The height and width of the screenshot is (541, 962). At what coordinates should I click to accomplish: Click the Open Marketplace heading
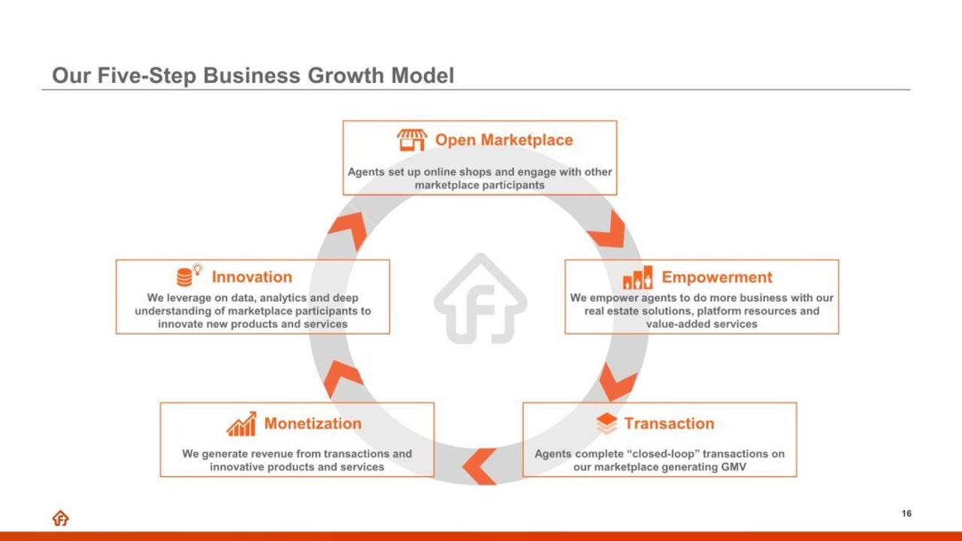point(504,140)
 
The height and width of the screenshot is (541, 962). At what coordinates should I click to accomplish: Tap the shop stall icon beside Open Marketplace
point(412,140)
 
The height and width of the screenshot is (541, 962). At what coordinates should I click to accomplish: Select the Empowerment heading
point(717,278)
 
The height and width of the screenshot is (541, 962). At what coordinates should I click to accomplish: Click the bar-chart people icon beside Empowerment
point(638,278)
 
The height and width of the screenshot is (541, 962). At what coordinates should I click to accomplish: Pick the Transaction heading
point(669,424)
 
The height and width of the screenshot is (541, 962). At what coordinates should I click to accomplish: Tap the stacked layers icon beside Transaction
point(607,424)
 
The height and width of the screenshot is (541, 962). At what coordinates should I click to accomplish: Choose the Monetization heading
point(313,424)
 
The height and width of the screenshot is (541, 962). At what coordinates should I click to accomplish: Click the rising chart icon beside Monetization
point(241,424)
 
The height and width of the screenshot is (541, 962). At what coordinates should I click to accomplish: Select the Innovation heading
point(252,277)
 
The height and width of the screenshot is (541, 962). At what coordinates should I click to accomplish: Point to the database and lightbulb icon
point(189,275)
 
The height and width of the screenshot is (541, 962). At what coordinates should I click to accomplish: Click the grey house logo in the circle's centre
point(480,299)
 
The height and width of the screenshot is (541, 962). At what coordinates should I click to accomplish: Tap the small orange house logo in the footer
point(61,518)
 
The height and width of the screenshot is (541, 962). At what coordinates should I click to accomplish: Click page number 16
point(906,513)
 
